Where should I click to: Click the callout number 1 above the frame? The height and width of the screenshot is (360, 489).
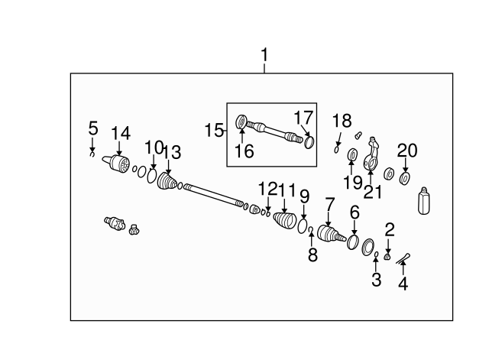pyautogui.click(x=264, y=55)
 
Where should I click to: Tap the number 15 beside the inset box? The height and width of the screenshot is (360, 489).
pyautogui.click(x=214, y=130)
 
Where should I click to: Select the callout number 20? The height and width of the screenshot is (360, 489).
pyautogui.click(x=407, y=151)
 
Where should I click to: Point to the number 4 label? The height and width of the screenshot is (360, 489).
pyautogui.click(x=403, y=284)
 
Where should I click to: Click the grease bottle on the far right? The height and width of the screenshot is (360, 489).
pyautogui.click(x=423, y=200)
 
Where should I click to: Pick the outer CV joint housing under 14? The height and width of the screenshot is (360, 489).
pyautogui.click(x=117, y=164)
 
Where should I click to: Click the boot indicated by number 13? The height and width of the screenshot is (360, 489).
pyautogui.click(x=167, y=180)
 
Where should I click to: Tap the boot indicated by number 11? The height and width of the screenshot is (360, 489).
pyautogui.click(x=284, y=221)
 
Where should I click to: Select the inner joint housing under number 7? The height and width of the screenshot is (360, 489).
pyautogui.click(x=331, y=235)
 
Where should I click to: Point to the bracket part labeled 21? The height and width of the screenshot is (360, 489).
pyautogui.click(x=371, y=154)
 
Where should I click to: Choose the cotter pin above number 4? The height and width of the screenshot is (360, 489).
pyautogui.click(x=403, y=258)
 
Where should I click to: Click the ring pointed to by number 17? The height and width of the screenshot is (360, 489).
pyautogui.click(x=309, y=143)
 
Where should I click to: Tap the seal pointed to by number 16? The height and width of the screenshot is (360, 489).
pyautogui.click(x=241, y=122)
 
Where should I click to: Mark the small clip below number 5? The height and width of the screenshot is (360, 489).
pyautogui.click(x=92, y=154)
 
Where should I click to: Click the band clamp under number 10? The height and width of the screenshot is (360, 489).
pyautogui.click(x=151, y=176)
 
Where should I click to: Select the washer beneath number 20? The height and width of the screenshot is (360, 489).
pyautogui.click(x=404, y=179)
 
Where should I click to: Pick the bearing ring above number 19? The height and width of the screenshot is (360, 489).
pyautogui.click(x=352, y=155)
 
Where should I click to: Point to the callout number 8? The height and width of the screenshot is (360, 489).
pyautogui.click(x=313, y=255)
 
